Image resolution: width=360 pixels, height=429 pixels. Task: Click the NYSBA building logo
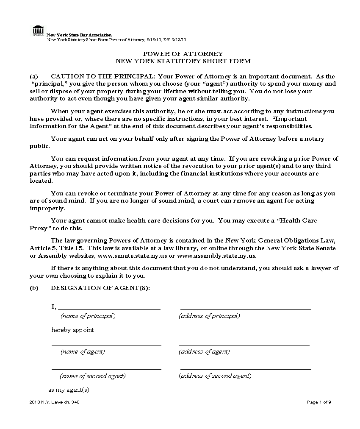pos(38,31)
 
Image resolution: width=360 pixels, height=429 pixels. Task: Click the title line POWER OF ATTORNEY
pos(183,54)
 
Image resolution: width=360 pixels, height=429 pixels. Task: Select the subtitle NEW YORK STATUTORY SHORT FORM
pos(183,61)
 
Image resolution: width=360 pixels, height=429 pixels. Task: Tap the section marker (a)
pos(34,76)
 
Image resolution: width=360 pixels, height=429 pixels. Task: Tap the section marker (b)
pos(34,288)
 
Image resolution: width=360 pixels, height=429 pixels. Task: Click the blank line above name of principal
pos(109,309)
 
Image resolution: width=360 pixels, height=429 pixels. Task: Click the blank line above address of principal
pos(246,309)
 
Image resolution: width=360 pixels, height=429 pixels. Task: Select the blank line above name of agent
pos(106,345)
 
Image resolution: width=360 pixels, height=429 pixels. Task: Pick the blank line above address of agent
pos(244,345)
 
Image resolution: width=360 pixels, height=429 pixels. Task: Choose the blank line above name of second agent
pos(106,369)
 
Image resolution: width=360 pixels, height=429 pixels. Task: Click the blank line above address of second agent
pos(246,369)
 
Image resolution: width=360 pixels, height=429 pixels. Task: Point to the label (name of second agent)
pos(93,376)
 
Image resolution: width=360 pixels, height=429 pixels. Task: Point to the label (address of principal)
pos(209,316)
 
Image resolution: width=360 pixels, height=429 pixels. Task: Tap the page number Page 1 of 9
pos(319,402)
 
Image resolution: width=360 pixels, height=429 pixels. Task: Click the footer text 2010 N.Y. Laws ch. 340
pos(54,402)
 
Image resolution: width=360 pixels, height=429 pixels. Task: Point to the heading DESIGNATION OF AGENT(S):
pos(100,288)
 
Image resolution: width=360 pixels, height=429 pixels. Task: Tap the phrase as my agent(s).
pos(69,390)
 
